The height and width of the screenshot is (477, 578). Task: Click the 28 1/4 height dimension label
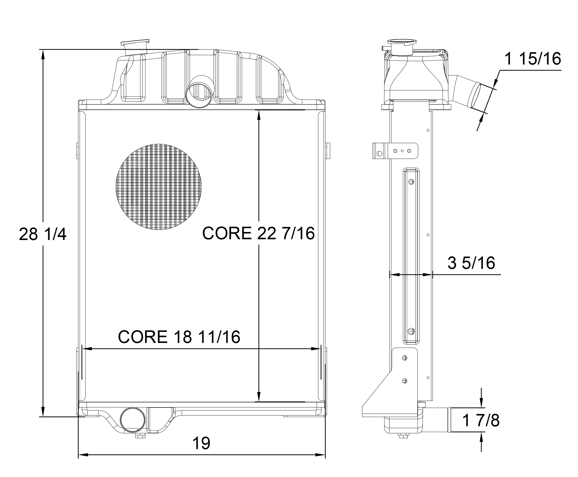(43, 234)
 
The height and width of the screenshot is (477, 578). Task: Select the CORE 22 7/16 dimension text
(258, 233)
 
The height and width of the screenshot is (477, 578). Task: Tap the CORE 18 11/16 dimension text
(179, 337)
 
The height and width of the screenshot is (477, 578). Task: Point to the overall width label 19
(201, 443)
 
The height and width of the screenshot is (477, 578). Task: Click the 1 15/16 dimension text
(532, 58)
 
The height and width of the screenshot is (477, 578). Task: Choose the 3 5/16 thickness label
(471, 263)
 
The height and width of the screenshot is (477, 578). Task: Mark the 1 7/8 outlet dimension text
(481, 420)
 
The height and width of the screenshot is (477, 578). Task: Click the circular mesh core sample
(159, 187)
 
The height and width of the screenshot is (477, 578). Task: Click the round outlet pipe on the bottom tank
(133, 419)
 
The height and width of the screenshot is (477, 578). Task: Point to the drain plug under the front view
(140, 436)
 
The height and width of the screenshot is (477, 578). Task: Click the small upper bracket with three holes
(395, 151)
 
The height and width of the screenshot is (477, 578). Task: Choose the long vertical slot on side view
(411, 256)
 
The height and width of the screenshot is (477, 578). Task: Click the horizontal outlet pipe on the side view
(437, 420)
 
